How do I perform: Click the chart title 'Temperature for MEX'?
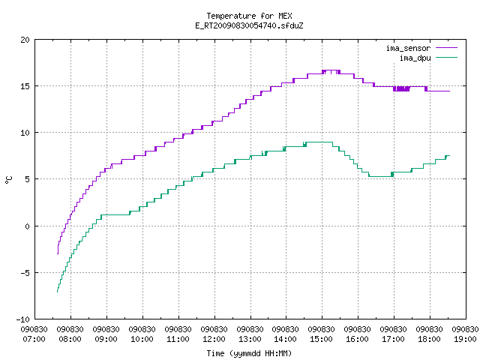[x=249, y=16]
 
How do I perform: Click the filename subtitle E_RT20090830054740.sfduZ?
[x=249, y=25]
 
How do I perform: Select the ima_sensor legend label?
[x=408, y=48]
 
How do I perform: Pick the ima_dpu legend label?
[x=415, y=58]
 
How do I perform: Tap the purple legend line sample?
[x=446, y=48]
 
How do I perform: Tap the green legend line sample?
[x=446, y=58]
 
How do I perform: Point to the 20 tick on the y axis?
[x=25, y=40]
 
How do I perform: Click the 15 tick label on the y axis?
[x=25, y=86]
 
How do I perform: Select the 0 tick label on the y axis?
[x=28, y=226]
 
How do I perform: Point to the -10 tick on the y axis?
[x=23, y=319]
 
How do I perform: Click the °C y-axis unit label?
[x=9, y=180]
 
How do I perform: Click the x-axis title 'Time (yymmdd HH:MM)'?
[x=249, y=353]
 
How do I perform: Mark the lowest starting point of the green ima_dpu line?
[x=57, y=292]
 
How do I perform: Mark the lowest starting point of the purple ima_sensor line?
[x=58, y=253]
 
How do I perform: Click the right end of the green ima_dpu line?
[x=449, y=156]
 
